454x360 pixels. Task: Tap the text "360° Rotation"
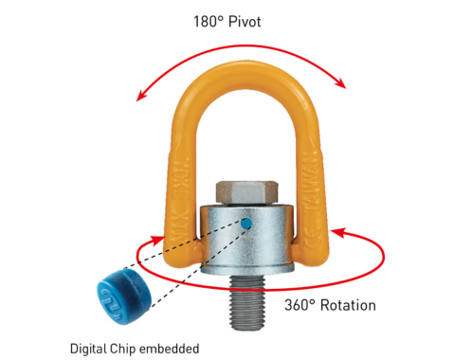click(331, 305)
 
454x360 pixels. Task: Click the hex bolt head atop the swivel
click(246, 190)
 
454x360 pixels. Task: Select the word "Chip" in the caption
click(125, 348)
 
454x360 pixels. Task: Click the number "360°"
click(300, 305)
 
